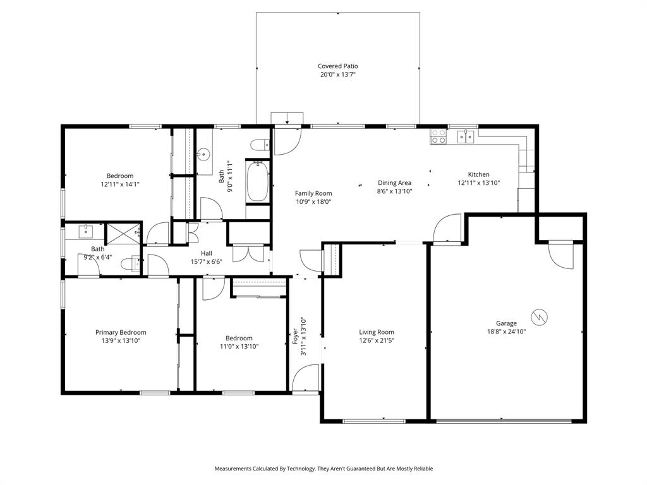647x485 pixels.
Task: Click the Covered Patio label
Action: point(337,66)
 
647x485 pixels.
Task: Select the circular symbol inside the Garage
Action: point(538,316)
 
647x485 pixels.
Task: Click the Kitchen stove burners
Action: point(438,137)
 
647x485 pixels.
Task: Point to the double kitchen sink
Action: point(466,136)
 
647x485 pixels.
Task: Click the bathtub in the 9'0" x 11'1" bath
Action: point(257,182)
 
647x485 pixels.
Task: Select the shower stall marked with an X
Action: point(123,233)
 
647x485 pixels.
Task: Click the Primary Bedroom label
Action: point(121,332)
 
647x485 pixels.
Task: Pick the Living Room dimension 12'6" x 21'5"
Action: point(377,340)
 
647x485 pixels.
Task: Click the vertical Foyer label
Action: point(295,335)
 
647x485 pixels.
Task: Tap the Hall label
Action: point(206,253)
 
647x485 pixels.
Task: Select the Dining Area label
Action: point(394,183)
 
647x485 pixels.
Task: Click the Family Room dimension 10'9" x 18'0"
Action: point(313,202)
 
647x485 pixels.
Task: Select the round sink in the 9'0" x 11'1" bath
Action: point(203,153)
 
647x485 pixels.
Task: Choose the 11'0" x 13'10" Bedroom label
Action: point(239,338)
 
